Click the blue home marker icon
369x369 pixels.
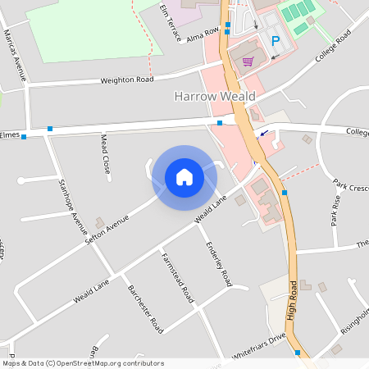tap(184, 177)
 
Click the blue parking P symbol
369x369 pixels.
tap(276, 40)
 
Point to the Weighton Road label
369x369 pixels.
tap(126, 80)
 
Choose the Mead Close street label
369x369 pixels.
tap(106, 153)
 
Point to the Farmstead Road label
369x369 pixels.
tap(176, 275)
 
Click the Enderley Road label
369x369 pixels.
tap(219, 262)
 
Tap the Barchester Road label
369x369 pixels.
tap(146, 308)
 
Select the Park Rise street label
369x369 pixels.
tap(335, 210)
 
